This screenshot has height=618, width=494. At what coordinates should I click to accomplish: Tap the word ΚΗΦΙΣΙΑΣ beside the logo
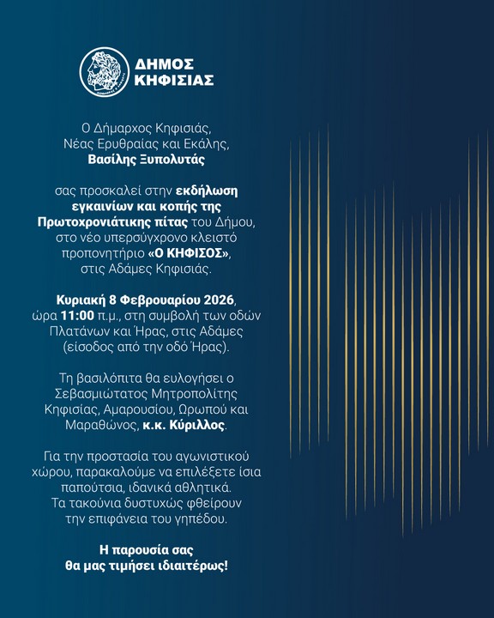click(174, 81)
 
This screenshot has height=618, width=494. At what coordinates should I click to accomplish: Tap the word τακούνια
click(111, 505)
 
